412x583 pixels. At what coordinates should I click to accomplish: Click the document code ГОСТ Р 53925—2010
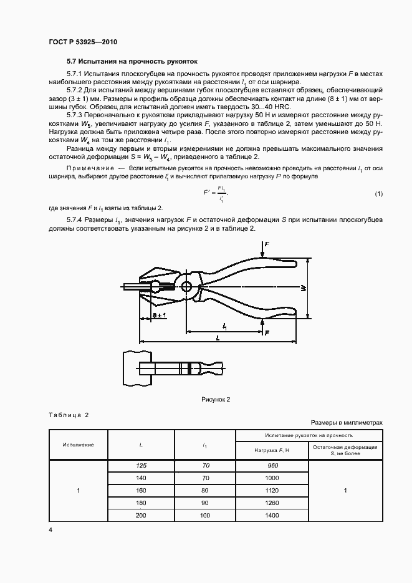pos(83,42)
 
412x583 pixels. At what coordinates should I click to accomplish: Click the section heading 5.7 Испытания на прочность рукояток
pos(132,62)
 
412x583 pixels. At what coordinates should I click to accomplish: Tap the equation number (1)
pos(378,195)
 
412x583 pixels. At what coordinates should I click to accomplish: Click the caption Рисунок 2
pos(215,399)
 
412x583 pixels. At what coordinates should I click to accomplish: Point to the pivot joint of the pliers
pos(186,287)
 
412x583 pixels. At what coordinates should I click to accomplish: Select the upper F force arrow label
pos(267,245)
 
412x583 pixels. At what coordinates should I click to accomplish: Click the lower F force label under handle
pos(267,334)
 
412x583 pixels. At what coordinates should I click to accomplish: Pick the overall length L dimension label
pos(216,337)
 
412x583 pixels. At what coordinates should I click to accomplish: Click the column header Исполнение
pos(78,445)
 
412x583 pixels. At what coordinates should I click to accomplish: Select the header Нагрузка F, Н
pos(272,450)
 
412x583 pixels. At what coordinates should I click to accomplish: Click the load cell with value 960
pos(272,466)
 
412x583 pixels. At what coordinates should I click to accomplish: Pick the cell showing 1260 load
pos(272,503)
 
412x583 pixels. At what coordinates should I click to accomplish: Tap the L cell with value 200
pos(141,515)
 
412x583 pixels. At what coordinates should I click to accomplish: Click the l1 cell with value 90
pos(205,503)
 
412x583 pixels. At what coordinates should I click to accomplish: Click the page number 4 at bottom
pos(50,530)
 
